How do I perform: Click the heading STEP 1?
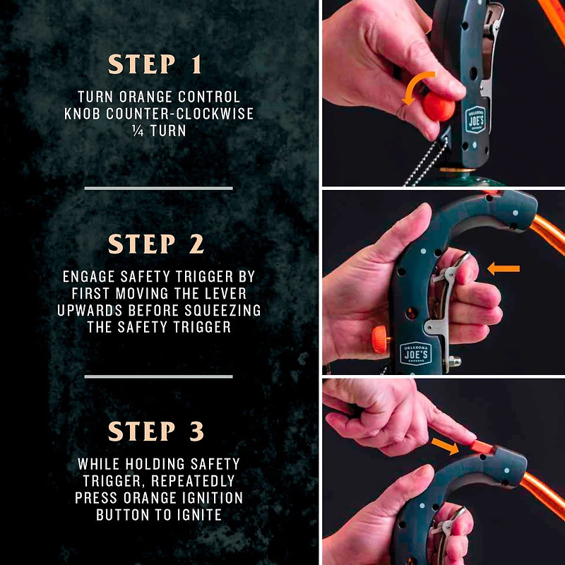(155, 64)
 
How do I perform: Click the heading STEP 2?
(156, 244)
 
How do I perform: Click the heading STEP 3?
(156, 431)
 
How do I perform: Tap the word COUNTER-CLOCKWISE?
(179, 114)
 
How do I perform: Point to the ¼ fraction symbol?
(138, 131)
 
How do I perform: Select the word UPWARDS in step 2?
(90, 310)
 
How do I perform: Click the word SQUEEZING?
(222, 310)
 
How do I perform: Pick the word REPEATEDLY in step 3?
(193, 481)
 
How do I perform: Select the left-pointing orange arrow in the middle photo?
(504, 268)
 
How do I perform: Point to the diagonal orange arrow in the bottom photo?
(445, 446)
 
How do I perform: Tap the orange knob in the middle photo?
(380, 340)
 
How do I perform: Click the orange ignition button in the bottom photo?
(482, 447)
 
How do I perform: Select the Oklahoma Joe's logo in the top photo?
(475, 119)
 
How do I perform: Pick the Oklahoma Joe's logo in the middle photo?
(415, 354)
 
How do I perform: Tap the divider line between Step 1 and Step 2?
(158, 188)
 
